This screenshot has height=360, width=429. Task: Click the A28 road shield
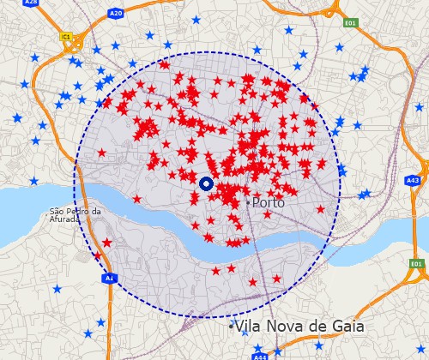[31, 3]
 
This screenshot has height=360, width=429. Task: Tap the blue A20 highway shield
[116, 14]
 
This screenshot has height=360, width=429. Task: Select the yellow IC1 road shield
[66, 37]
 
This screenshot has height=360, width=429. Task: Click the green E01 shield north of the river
[349, 23]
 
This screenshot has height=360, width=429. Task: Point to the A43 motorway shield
[413, 181]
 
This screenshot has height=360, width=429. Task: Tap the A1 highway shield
[109, 279]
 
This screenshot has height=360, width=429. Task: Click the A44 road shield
[261, 356]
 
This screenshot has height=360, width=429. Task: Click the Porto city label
[269, 203]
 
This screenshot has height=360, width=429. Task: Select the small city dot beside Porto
[248, 203]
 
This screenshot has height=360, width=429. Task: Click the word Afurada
[63, 219]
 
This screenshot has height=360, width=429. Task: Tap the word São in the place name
[57, 211]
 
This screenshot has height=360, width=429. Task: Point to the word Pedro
[78, 211]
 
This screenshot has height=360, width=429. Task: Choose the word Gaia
[346, 327]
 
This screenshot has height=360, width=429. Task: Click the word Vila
[251, 327]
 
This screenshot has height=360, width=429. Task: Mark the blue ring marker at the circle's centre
[206, 183]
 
